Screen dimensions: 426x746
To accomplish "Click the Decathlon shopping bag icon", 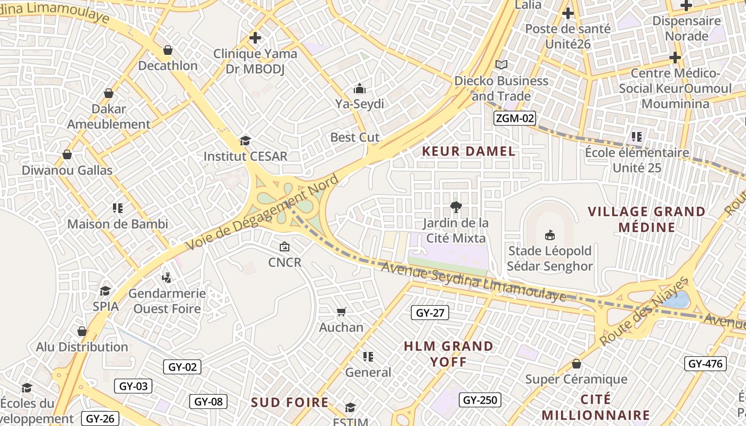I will (x=168, y=51).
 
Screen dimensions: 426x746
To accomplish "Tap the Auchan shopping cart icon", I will (x=341, y=312).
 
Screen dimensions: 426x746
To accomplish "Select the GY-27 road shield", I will (x=430, y=313).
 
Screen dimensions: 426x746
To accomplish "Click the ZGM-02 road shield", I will (x=514, y=118).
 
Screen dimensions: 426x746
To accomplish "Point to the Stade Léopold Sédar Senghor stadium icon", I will (x=550, y=235).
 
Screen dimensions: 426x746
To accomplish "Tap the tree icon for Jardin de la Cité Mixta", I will (x=456, y=207).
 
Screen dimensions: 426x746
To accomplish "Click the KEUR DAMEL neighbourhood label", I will (x=468, y=151).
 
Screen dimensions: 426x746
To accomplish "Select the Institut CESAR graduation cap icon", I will (x=245, y=141).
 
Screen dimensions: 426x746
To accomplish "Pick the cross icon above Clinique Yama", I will (x=255, y=38).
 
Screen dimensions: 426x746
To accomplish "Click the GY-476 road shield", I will (x=706, y=364).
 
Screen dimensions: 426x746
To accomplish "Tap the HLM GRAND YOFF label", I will (x=449, y=354).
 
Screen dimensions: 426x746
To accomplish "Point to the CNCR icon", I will (x=285, y=247).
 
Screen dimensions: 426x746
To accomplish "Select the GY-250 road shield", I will (x=480, y=400).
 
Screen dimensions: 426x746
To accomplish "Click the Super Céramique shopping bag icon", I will (x=576, y=364).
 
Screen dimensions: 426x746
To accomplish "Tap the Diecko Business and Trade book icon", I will (x=501, y=64).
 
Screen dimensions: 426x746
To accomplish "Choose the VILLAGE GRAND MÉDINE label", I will (x=646, y=219).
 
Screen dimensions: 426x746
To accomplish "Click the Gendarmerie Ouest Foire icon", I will (x=167, y=277).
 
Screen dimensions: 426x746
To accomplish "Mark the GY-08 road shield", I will (x=208, y=402).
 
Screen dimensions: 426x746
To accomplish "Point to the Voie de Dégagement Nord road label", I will (x=262, y=212).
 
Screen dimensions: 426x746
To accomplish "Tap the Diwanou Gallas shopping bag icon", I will (x=67, y=155).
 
